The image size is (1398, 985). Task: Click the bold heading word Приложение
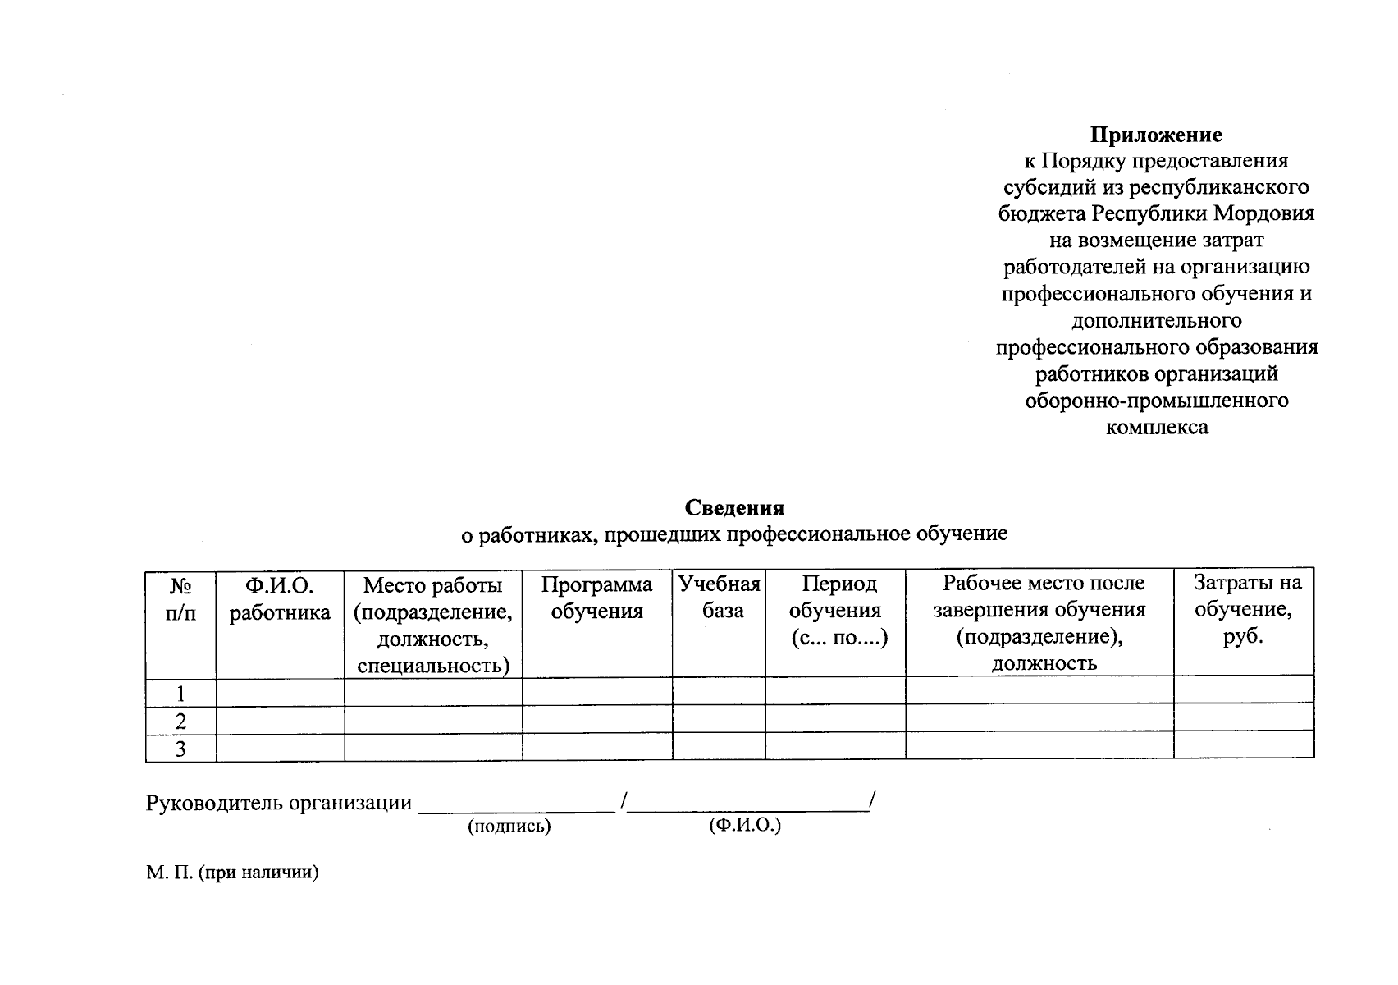click(x=1156, y=135)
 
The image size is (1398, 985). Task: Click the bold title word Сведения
click(x=735, y=508)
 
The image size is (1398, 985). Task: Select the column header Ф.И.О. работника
click(x=280, y=599)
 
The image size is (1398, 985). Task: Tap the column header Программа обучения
click(x=597, y=598)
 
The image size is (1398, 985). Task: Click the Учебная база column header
click(x=720, y=597)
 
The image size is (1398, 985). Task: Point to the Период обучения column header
click(x=836, y=611)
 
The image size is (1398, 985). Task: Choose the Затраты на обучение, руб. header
click(x=1244, y=609)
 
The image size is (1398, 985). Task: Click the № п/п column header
click(x=181, y=599)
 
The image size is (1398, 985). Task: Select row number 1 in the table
click(x=181, y=693)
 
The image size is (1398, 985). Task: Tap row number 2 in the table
click(x=181, y=721)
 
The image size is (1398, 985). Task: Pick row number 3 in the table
click(x=181, y=749)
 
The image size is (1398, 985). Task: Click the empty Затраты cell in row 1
click(x=1244, y=689)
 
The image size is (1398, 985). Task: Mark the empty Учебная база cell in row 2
click(x=720, y=719)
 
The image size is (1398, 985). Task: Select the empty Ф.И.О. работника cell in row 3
click(x=280, y=748)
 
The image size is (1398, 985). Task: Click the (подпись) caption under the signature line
click(x=509, y=827)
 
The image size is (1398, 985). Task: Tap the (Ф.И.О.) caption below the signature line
click(x=745, y=826)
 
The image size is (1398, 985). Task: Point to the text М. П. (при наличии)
click(x=232, y=873)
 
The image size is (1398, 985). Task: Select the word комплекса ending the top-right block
click(x=1157, y=428)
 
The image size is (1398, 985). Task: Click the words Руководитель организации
click(x=279, y=803)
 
